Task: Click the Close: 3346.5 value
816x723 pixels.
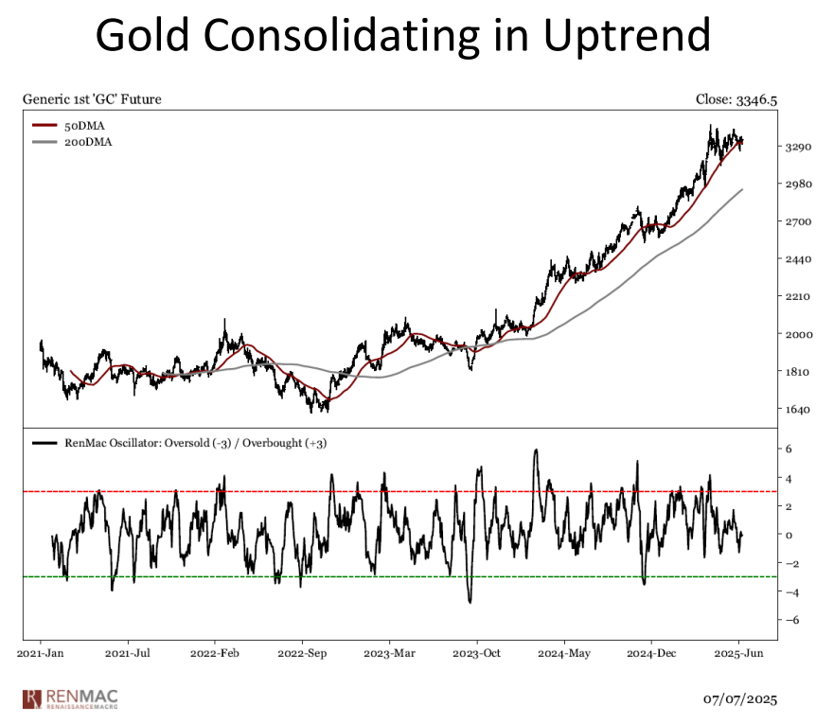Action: click(x=735, y=98)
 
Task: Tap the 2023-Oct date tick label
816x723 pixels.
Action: click(x=478, y=652)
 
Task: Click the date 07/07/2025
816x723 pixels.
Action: click(x=739, y=699)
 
